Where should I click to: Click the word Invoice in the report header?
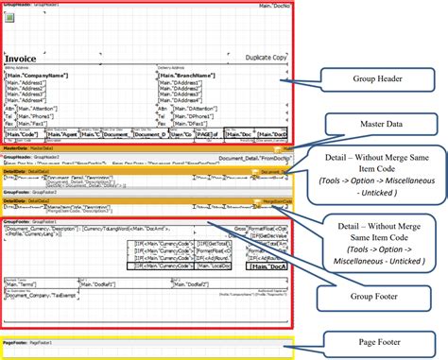[21, 59]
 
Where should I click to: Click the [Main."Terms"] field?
[25, 283]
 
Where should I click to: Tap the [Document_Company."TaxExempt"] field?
[43, 295]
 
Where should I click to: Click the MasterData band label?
[14, 148]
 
